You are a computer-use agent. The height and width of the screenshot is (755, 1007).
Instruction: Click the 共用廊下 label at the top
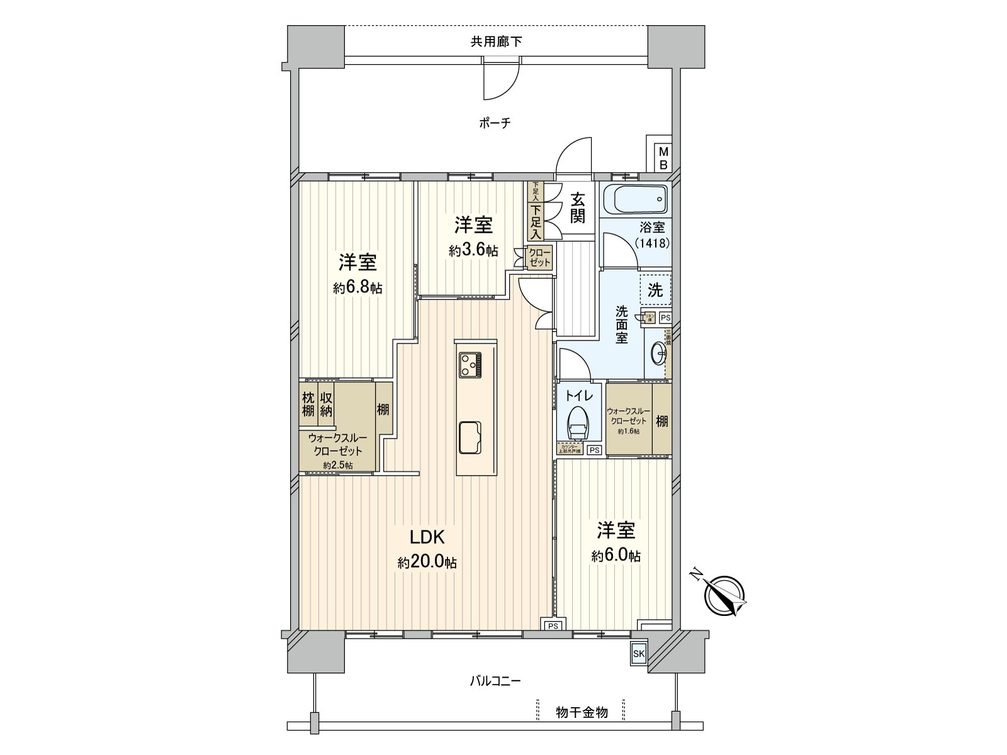point(496,42)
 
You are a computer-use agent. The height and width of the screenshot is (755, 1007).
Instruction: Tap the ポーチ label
point(495,123)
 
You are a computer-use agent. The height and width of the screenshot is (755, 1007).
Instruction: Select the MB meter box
point(663,158)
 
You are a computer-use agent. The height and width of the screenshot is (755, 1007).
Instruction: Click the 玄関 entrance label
point(578,208)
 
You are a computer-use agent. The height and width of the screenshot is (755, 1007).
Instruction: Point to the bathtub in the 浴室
point(634,200)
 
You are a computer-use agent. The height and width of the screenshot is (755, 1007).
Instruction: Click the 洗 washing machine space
point(655,290)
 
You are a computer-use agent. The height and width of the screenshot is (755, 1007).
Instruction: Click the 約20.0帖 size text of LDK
point(427,562)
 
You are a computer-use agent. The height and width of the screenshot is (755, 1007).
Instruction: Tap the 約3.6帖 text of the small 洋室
point(473,250)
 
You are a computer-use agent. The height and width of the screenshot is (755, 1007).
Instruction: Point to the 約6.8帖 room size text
point(357,288)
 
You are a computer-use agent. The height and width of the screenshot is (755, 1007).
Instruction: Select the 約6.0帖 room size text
point(616,556)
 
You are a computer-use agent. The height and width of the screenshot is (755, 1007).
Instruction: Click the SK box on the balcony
point(639,654)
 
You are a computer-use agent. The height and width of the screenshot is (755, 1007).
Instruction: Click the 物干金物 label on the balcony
point(582,713)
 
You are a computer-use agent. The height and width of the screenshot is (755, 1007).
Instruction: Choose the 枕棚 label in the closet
point(308,404)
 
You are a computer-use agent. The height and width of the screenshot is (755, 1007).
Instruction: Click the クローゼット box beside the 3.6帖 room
point(539,257)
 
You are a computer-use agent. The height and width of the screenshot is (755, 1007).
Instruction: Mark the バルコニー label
point(495,681)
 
